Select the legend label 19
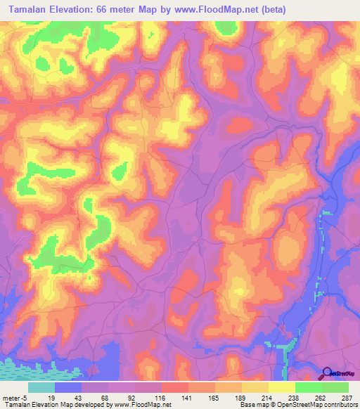41,397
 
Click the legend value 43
68,397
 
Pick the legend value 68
95,397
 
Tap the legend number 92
122,397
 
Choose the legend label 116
148,397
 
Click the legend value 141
175,397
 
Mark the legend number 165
202,397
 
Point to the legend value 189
229,397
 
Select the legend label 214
255,397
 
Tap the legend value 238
282,397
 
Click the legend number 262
309,397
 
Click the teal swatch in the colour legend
41,387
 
